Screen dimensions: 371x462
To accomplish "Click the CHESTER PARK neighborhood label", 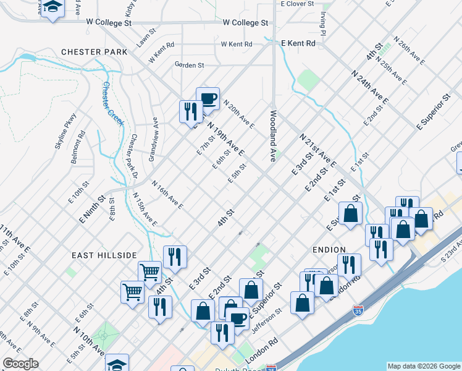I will pyautogui.click(x=94, y=52).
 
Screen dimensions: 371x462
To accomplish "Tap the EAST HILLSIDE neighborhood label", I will pyautogui.click(x=103, y=255).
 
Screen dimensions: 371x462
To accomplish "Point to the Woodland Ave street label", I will pyautogui.click(x=272, y=136).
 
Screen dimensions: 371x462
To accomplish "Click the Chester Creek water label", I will pyautogui.click(x=114, y=102).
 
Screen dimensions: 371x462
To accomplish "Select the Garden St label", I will pyautogui.click(x=189, y=65).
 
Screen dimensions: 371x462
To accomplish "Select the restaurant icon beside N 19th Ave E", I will pyautogui.click(x=190, y=111).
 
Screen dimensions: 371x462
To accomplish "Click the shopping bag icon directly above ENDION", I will pyautogui.click(x=350, y=215).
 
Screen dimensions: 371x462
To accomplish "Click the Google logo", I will pyautogui.click(x=20, y=364).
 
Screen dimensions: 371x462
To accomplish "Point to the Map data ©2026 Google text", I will pyautogui.click(x=423, y=365).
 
